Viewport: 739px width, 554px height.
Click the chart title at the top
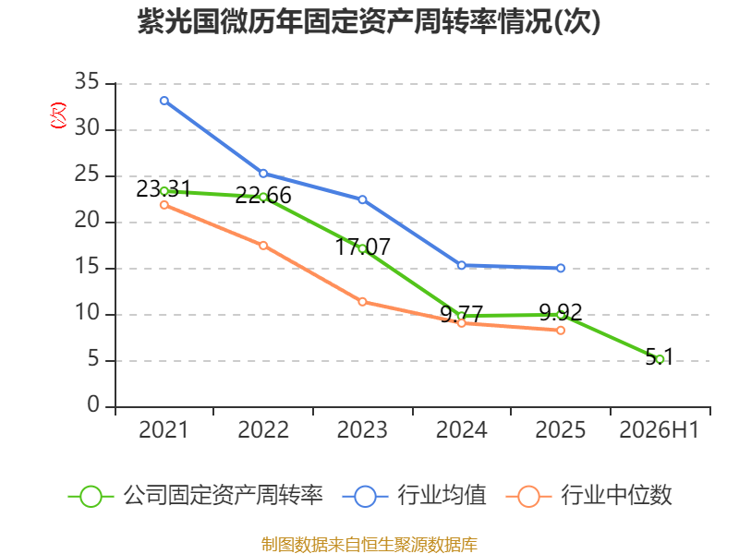(x=369, y=21)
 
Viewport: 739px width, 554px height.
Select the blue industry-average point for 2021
(x=164, y=101)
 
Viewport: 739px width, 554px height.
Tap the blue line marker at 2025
(x=561, y=268)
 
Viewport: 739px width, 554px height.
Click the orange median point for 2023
(x=362, y=302)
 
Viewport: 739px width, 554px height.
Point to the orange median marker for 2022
(x=263, y=246)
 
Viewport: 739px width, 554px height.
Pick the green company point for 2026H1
(x=660, y=359)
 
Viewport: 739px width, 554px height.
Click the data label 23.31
(x=164, y=189)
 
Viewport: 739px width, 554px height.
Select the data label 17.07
(x=362, y=247)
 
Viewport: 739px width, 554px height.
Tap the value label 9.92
(x=561, y=312)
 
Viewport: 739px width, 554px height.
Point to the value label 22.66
(x=263, y=196)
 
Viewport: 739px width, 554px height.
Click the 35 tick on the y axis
(x=87, y=81)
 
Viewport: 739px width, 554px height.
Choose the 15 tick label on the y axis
(x=87, y=267)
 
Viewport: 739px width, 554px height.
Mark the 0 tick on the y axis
(x=93, y=404)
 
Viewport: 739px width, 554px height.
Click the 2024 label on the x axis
(x=461, y=429)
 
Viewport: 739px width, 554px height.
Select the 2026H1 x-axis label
(x=659, y=429)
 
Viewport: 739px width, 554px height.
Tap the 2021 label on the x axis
(x=164, y=429)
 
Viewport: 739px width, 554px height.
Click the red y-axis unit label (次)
(x=58, y=115)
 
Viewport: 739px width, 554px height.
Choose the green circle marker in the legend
(x=91, y=497)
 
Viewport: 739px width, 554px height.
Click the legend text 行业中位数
(x=616, y=496)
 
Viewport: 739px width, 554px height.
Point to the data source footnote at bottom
(x=369, y=545)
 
